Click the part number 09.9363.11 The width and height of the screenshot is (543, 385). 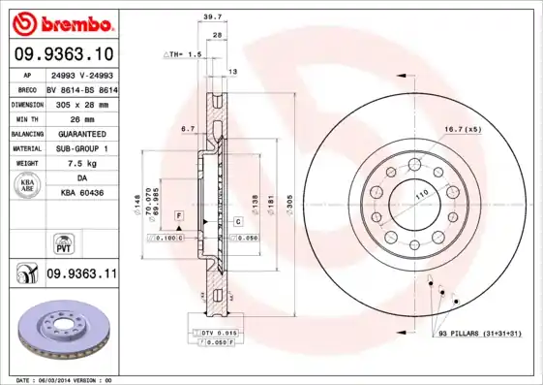click(81, 274)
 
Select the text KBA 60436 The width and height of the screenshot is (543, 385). click(81, 194)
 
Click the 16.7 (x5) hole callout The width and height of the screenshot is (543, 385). click(462, 129)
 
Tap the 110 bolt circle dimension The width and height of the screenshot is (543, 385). click(422, 195)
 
